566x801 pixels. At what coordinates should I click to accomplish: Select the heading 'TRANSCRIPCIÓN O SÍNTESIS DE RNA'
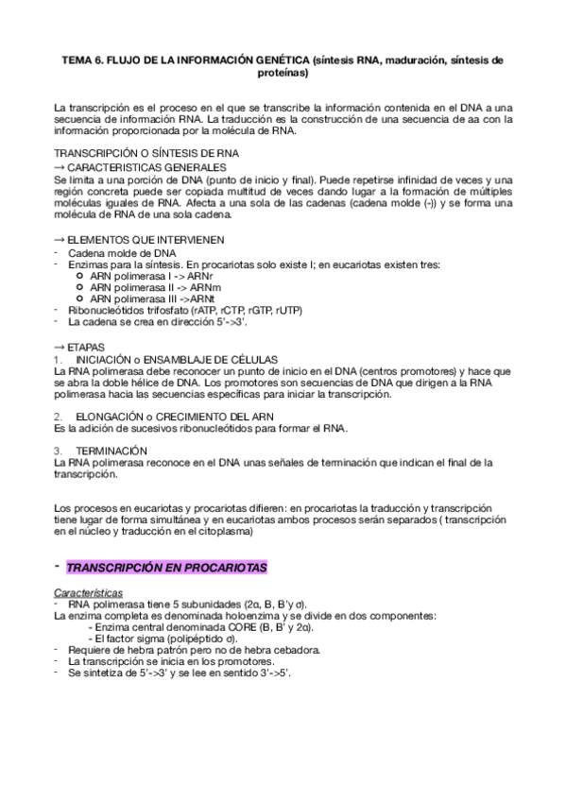click(146, 153)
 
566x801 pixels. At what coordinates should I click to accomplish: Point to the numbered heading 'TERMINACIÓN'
click(112, 451)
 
